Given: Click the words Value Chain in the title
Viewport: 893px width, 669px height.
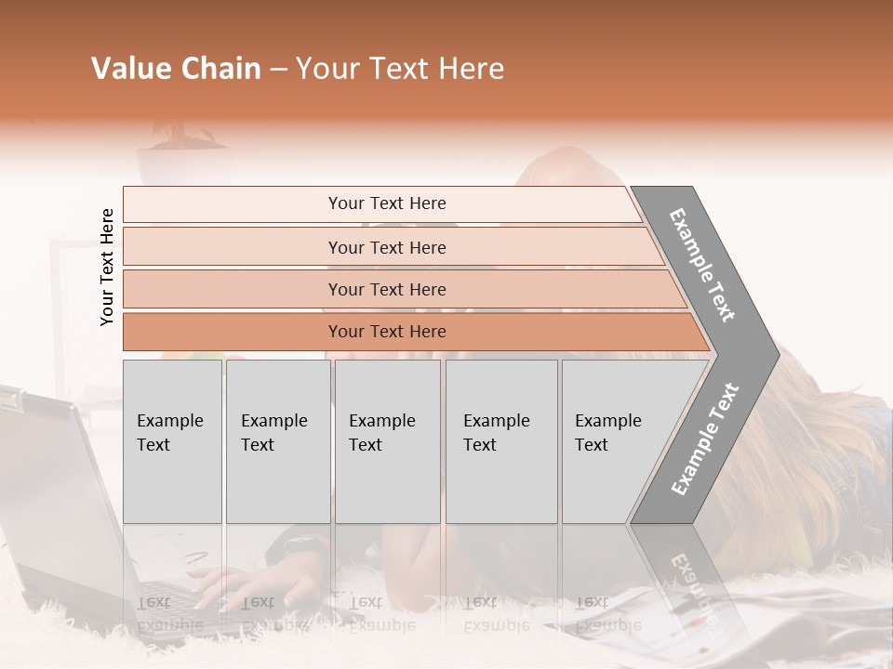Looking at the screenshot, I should pos(176,70).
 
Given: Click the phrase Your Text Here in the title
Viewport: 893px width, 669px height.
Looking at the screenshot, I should pos(399,70).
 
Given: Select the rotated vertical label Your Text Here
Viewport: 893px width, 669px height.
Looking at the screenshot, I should pos(107,267).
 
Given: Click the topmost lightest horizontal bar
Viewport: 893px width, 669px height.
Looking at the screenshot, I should pos(381,204).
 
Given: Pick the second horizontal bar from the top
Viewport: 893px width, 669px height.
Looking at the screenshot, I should pos(391,247).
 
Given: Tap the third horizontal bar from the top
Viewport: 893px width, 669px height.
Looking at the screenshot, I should pos(400,290).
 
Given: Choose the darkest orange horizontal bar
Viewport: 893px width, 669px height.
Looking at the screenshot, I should pos(409,332).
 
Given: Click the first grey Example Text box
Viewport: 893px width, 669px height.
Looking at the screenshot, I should pos(172,441).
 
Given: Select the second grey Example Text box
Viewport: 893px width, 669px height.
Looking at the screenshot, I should pos(278,441).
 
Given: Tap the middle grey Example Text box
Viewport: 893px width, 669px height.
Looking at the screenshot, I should pos(387,441).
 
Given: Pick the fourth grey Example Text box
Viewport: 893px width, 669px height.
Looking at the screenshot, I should pos(501,441).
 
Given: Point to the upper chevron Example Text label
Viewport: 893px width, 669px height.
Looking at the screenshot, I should pos(703,265).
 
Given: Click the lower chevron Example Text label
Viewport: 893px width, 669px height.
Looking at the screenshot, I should pos(704,439).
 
